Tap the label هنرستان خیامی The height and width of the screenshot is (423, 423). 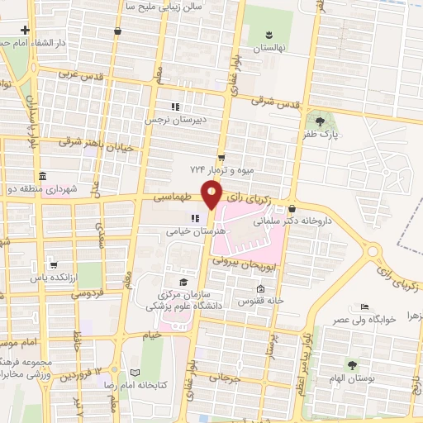point(189,233)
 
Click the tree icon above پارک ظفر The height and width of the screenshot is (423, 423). point(320,121)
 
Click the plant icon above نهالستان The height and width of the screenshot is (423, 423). point(269,34)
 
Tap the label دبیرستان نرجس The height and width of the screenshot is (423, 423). point(175,120)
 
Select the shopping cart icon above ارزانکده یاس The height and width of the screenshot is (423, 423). point(54,264)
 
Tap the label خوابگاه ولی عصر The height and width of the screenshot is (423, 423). point(366,320)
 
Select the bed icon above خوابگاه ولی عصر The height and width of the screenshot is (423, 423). point(366,307)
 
